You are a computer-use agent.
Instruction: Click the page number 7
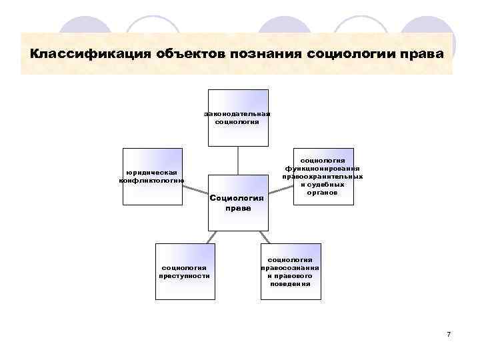click(x=449, y=333)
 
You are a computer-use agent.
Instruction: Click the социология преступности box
click(x=185, y=263)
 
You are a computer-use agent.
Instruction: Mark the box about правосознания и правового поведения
click(x=290, y=268)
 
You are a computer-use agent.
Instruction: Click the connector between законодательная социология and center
click(x=238, y=160)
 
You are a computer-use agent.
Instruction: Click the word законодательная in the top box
click(x=237, y=113)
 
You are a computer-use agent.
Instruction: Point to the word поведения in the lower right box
click(x=290, y=283)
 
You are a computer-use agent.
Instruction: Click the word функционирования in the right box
click(x=323, y=169)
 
